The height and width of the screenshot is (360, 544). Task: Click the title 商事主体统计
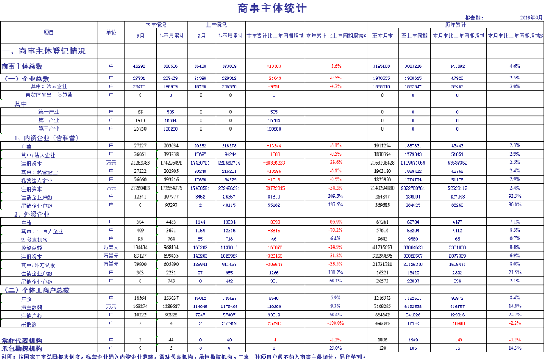(271, 9)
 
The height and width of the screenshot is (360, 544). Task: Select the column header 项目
(48, 31)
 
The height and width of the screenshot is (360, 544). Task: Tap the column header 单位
(111, 31)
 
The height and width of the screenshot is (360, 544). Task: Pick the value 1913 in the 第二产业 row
(141, 120)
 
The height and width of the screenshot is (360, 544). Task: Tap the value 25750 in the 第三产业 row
(141, 128)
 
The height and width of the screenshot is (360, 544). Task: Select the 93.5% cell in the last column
(515, 196)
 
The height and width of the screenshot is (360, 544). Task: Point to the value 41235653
(383, 247)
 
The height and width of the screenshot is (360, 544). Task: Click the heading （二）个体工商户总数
(39, 290)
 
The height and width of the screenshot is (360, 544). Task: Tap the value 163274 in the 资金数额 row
(141, 307)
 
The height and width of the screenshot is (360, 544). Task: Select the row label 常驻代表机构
(25, 339)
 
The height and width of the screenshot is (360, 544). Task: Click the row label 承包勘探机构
(25, 347)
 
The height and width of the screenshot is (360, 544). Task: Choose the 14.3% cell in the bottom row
(515, 347)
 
